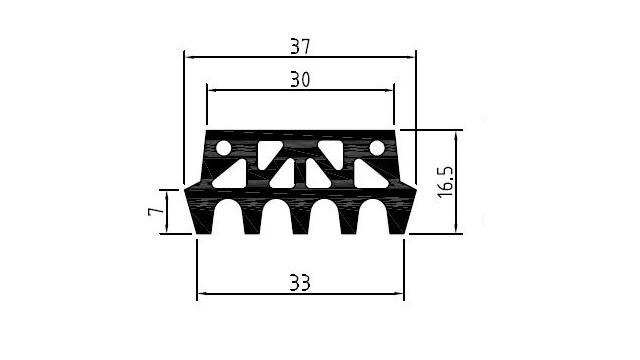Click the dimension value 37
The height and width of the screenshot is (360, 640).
[300, 46]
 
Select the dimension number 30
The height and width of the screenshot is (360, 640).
[300, 79]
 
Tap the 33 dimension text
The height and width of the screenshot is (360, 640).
[300, 282]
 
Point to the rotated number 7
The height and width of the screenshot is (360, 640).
[155, 211]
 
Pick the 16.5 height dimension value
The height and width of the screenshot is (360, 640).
[445, 182]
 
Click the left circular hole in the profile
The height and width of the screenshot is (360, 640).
[223, 148]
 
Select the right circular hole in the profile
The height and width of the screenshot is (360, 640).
[377, 148]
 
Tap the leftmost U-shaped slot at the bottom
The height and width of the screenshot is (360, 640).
[228, 217]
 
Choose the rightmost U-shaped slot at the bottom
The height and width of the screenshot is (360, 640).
[373, 217]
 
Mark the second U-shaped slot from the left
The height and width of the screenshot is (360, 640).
[276, 217]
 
